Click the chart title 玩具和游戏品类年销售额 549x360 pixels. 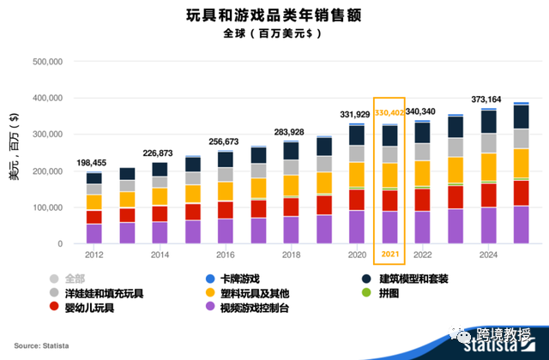tap(274, 15)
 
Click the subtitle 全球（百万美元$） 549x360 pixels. tap(274, 34)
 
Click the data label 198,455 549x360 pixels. tap(94, 162)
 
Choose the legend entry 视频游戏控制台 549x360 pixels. tap(253, 306)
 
